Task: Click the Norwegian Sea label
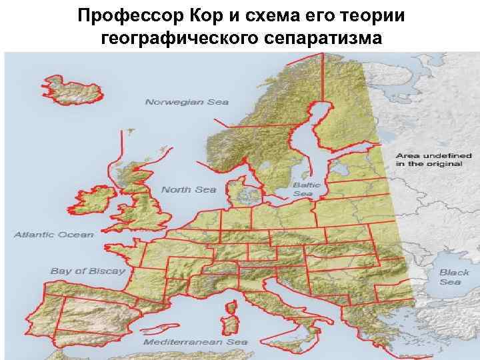point(187,102)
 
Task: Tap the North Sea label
point(189,189)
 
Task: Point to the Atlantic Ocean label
point(55,235)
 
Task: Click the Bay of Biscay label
point(87,271)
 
